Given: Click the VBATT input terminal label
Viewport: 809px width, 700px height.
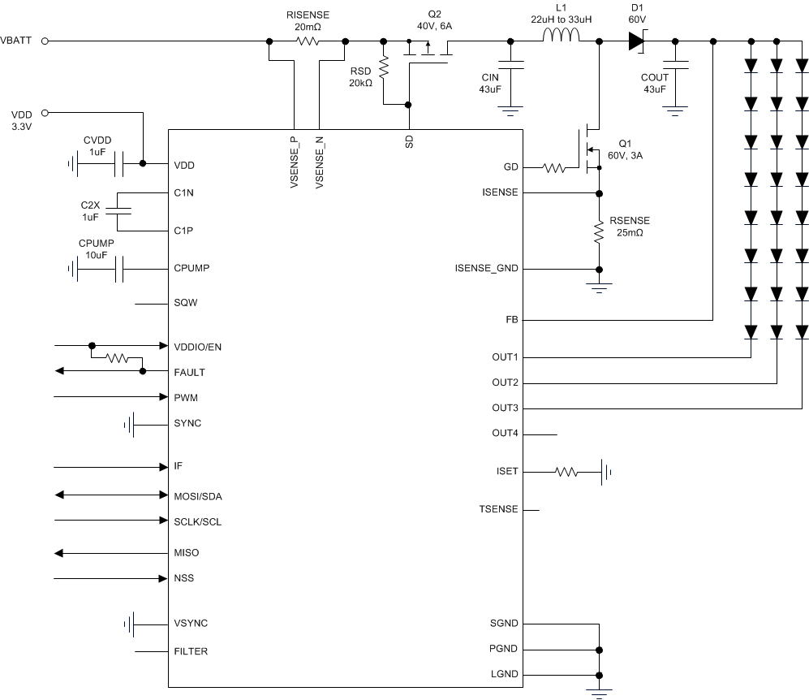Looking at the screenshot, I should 17,41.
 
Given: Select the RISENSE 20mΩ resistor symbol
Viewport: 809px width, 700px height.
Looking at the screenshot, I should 307,41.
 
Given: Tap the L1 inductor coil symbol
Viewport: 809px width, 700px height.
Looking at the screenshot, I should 562,37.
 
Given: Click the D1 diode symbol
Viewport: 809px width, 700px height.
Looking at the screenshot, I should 635,41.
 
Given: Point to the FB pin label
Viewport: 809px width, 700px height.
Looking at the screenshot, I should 510,320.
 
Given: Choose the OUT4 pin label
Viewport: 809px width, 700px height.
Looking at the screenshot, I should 505,434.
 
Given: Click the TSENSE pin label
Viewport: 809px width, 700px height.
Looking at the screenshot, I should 499,509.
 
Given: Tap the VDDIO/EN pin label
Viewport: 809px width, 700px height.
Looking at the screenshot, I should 197,347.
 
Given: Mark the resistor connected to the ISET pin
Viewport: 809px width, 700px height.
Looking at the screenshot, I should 566,471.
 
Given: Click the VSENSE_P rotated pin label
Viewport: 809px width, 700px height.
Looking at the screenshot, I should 292,162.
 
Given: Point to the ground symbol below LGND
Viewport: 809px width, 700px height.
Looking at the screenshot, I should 599,693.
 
